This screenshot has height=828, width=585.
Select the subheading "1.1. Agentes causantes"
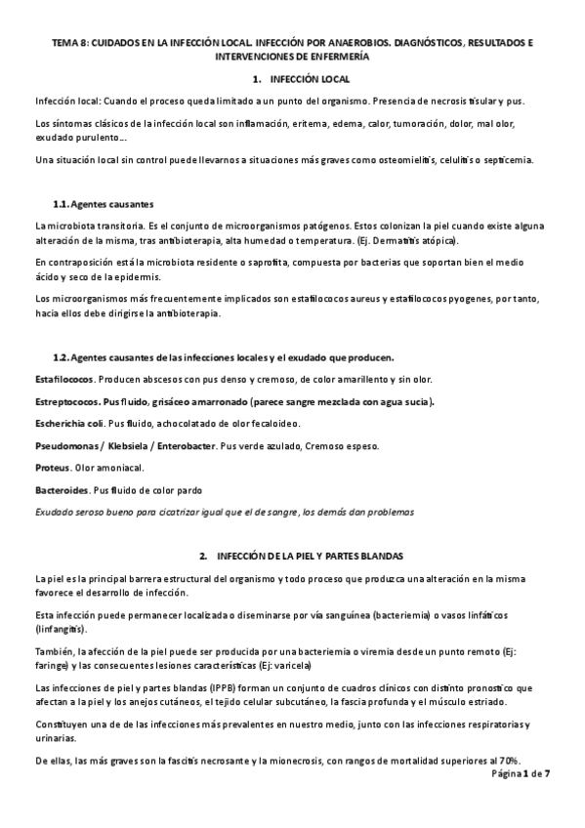click(x=103, y=204)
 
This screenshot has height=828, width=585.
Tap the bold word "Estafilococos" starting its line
click(x=64, y=378)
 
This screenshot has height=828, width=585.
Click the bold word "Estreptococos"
click(x=66, y=401)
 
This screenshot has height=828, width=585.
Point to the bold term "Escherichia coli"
click(x=71, y=424)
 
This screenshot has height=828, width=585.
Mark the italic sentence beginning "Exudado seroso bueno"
click(x=224, y=511)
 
